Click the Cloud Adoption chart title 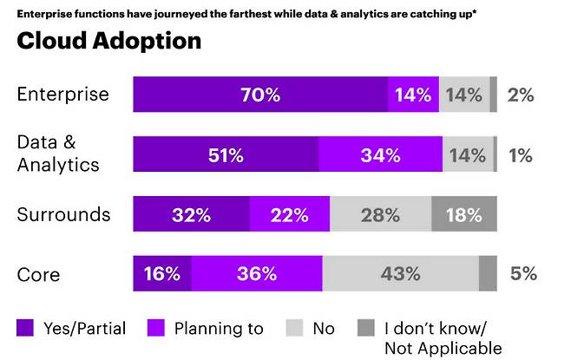[108, 41]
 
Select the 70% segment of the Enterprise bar [260, 95]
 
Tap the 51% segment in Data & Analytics [226, 155]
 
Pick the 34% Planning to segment [380, 155]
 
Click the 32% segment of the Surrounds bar [191, 214]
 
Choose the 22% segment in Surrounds [289, 214]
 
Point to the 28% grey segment [380, 214]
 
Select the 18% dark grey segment [464, 214]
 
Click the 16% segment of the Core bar [162, 273]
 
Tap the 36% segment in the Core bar [257, 273]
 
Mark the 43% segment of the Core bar [400, 273]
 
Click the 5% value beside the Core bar [523, 273]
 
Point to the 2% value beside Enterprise [521, 95]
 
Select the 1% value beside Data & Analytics [521, 155]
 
